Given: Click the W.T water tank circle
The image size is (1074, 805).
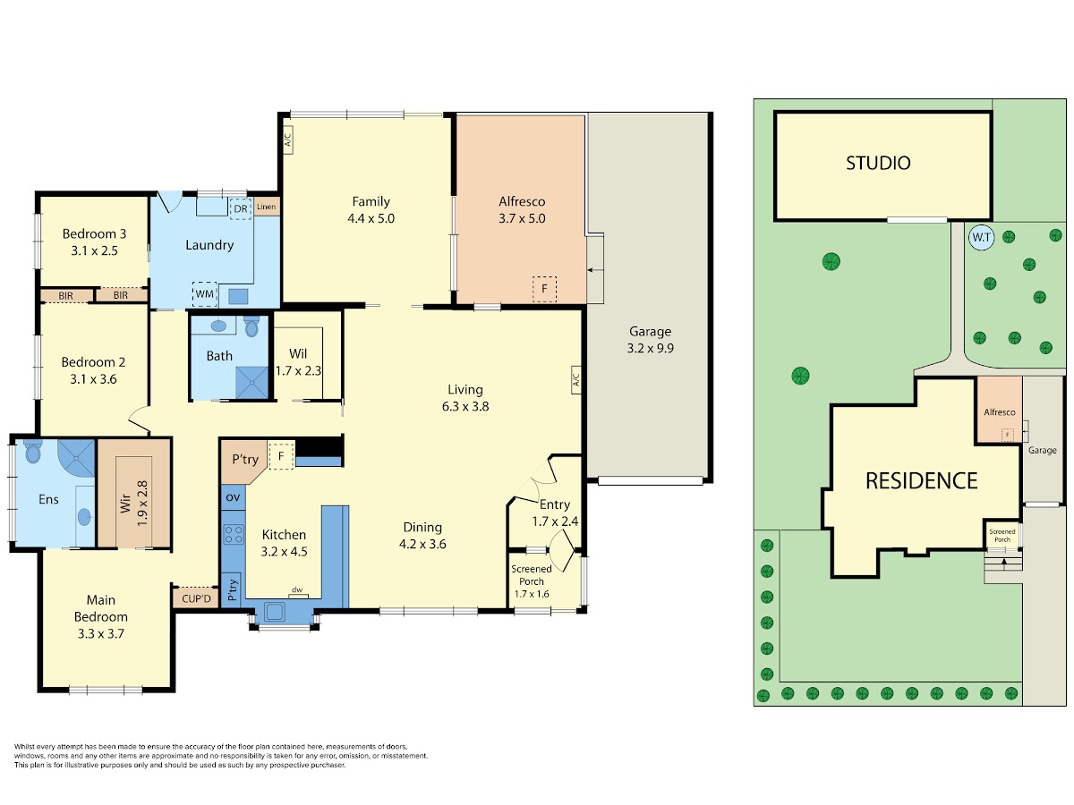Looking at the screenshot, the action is click(x=981, y=238).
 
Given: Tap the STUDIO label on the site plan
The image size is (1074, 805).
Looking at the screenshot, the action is click(x=878, y=164).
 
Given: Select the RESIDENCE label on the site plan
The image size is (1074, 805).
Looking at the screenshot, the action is click(x=921, y=481).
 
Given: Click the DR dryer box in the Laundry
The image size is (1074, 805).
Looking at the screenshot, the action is click(x=240, y=208).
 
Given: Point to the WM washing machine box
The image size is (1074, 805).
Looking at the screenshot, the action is click(x=205, y=293).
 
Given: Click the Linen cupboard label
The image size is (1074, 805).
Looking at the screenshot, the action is click(x=266, y=207).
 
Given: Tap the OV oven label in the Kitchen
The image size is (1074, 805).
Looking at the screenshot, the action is click(x=233, y=497).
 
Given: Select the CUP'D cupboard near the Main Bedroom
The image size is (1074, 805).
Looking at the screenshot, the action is click(x=196, y=598).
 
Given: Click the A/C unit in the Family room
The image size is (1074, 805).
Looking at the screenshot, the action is click(x=287, y=140).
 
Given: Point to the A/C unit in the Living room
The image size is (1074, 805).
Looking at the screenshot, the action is click(x=575, y=379).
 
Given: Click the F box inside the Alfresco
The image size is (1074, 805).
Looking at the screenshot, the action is click(x=544, y=289).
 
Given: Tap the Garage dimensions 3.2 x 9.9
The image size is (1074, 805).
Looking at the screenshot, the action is click(x=651, y=349).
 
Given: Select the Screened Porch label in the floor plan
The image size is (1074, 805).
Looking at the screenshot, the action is click(x=532, y=575).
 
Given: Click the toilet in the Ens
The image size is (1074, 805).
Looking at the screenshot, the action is click(x=33, y=452).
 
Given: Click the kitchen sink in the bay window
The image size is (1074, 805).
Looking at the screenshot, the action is click(x=274, y=612).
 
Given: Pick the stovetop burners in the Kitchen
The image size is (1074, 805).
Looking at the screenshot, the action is click(x=234, y=534).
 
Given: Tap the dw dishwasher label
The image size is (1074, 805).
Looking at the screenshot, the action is click(x=297, y=590).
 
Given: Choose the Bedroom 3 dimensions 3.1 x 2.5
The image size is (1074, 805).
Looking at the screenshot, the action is click(x=95, y=250).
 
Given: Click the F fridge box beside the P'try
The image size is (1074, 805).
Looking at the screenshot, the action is click(x=281, y=456).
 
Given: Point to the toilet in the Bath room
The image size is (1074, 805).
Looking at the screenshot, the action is click(x=251, y=327).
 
